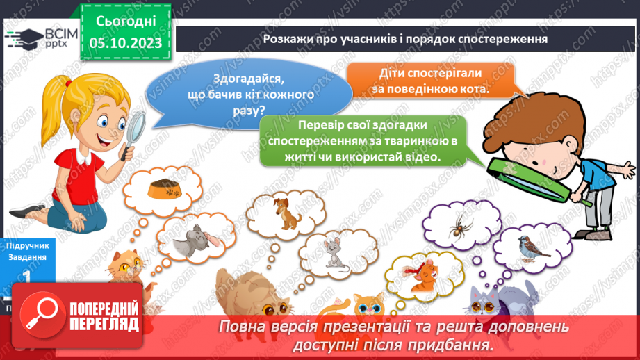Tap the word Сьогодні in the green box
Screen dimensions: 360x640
pos(125,21)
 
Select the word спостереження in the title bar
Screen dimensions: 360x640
pos(502,39)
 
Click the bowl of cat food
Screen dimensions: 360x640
pos(165,187)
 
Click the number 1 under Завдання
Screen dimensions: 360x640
pos(26,277)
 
